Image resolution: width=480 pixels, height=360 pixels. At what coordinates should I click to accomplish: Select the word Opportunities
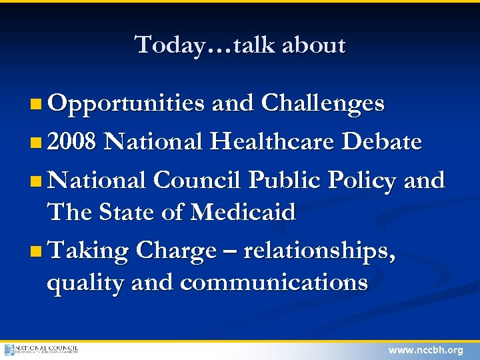coord(126,104)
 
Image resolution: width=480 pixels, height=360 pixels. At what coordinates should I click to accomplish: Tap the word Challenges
coord(323,103)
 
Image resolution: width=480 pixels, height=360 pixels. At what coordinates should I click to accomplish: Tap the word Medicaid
coord(243,213)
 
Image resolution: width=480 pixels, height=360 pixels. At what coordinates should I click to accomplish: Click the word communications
coord(273,283)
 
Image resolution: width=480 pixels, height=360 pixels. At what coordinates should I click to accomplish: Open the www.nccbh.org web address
coord(425,350)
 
